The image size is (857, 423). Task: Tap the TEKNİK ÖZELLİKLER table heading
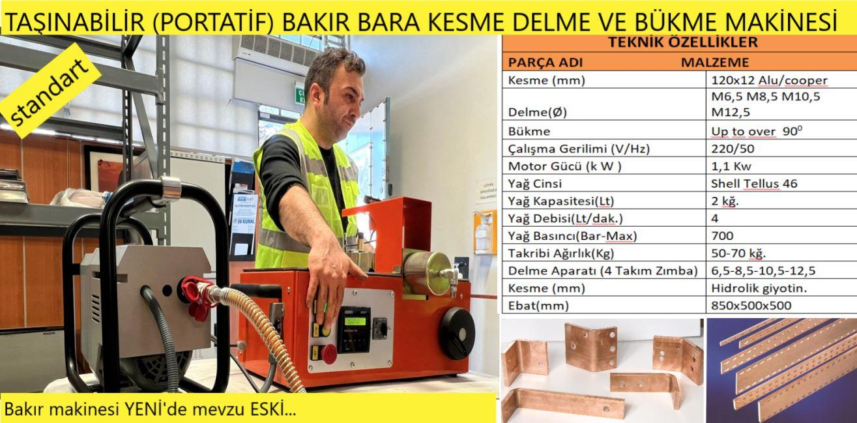click(x=682, y=42)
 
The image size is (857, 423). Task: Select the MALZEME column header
click(x=715, y=63)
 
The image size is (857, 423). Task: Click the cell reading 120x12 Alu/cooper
click(x=769, y=80)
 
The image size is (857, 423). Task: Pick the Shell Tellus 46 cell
click(x=754, y=184)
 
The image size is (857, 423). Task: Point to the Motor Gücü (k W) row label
click(x=564, y=166)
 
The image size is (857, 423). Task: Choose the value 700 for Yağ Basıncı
click(x=722, y=235)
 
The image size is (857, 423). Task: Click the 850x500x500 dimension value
click(x=751, y=305)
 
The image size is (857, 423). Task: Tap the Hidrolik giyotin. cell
click(x=759, y=288)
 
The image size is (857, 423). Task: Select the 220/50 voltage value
click(x=733, y=149)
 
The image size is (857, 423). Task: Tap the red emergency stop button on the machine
click(x=328, y=354)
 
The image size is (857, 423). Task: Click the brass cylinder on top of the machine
click(x=428, y=272)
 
